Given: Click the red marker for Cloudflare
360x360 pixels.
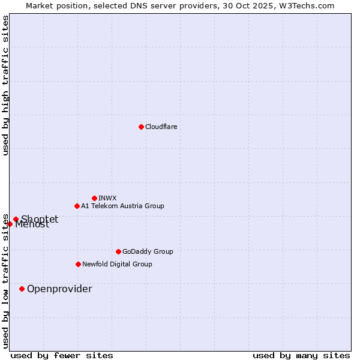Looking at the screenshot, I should (141, 127).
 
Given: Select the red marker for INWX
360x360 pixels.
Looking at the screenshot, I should (94, 198).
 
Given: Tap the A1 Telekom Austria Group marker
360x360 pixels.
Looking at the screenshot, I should (77, 206).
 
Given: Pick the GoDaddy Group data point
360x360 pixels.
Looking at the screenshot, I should (118, 251).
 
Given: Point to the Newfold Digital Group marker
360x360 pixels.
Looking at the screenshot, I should (78, 264).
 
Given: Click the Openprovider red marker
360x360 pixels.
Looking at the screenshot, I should (22, 289).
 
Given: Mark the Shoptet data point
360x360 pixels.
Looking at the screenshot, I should (16, 219).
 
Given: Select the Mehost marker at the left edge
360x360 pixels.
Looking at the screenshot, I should (10, 224).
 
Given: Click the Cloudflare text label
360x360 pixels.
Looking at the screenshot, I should (161, 127).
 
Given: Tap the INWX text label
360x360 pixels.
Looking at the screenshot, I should (107, 198).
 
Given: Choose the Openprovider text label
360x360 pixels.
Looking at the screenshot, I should (59, 289).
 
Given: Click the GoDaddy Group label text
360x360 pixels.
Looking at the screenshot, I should (148, 251).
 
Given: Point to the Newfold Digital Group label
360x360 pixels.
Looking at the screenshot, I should (117, 264).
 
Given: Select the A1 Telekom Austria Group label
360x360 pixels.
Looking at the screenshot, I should (122, 206).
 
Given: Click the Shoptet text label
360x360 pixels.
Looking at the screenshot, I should (40, 219).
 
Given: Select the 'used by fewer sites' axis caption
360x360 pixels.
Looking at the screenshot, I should (62, 355).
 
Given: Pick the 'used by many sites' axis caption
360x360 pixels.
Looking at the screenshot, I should (301, 355).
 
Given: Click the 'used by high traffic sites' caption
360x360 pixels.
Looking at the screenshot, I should (5, 85).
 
